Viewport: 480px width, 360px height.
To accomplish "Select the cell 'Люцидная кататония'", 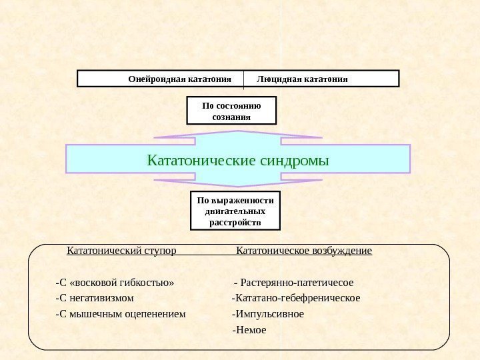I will coord(302,79).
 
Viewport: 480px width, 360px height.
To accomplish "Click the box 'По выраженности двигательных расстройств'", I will coord(235,210).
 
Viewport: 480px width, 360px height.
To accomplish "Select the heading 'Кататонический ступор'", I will coord(121,251).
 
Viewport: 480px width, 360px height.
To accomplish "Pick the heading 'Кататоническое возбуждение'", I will coord(304,251).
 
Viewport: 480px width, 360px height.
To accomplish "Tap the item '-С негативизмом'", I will coord(95,297).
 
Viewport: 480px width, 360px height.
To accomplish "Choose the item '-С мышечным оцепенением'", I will coord(121,314).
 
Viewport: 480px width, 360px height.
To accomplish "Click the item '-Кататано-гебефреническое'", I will coord(295,297).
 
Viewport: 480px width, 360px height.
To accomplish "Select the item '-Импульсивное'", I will coord(267,314).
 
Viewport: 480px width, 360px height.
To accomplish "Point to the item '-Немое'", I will coord(249,330).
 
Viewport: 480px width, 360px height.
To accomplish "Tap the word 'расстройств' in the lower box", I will coord(235,222).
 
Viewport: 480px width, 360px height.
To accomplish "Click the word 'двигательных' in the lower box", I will coord(235,211).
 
